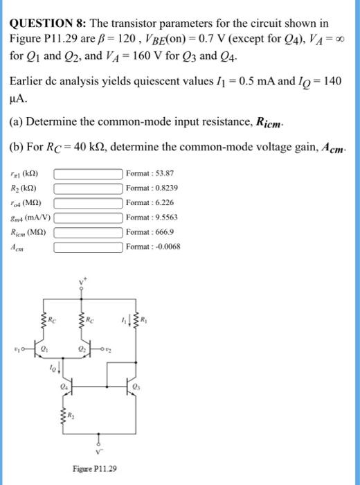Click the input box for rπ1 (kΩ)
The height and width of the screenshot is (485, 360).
(x=89, y=173)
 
